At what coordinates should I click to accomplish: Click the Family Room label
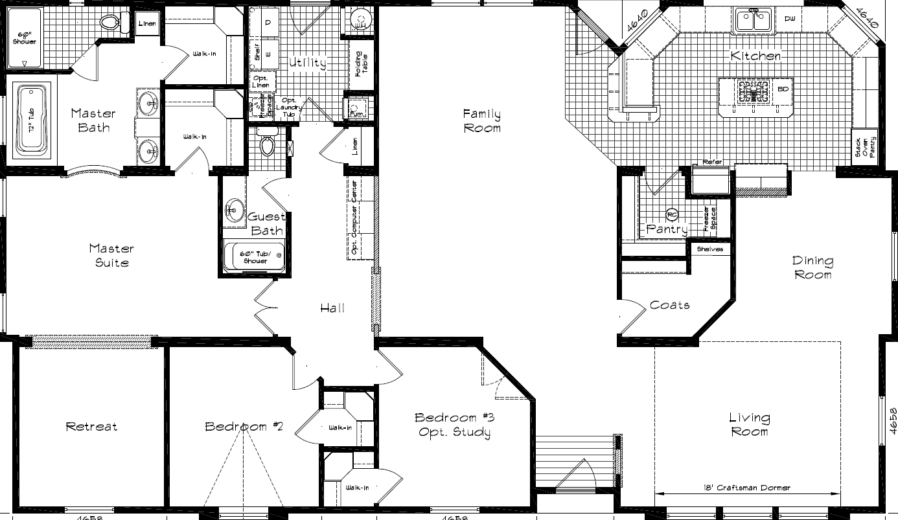tap(481, 121)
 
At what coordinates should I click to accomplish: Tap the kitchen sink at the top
tap(754, 20)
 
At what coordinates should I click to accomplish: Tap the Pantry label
tap(667, 229)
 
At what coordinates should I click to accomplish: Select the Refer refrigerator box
tap(711, 178)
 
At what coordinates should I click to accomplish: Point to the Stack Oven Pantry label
tap(864, 148)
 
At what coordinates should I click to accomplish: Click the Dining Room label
tap(813, 267)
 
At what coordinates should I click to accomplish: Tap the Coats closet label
tap(669, 305)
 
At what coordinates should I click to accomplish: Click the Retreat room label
tap(91, 426)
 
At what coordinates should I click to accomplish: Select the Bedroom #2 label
tap(236, 426)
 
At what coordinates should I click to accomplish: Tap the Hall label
tap(332, 308)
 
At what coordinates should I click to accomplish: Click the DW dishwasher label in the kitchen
tap(789, 19)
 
